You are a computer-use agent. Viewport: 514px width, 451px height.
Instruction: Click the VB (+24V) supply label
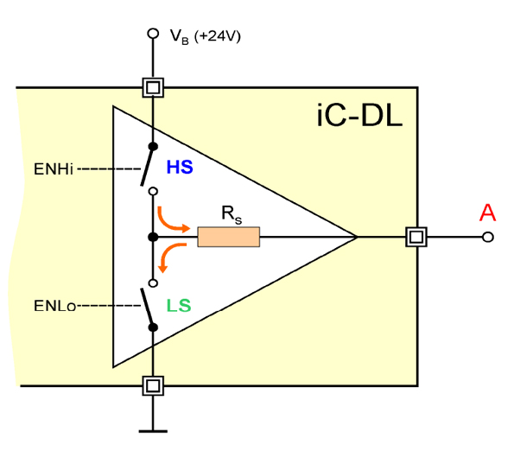click(206, 36)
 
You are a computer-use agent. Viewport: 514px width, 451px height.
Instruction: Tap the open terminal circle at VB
click(153, 34)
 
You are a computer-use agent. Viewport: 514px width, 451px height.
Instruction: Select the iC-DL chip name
click(359, 116)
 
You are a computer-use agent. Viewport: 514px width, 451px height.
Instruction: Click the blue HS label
click(180, 167)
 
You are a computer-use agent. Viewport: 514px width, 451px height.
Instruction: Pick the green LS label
click(179, 306)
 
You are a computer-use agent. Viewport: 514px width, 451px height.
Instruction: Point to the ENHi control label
click(54, 169)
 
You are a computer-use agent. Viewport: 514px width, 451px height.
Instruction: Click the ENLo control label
click(55, 306)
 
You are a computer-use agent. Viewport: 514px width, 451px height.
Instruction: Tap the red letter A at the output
click(487, 213)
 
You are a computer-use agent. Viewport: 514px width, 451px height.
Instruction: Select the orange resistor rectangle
click(228, 237)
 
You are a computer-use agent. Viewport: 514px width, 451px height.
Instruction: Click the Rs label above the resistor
click(232, 215)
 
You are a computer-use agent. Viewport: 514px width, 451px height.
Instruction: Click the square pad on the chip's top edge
click(153, 87)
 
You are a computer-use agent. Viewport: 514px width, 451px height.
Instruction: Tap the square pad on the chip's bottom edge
click(153, 386)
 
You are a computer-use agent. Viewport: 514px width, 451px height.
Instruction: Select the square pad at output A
click(416, 237)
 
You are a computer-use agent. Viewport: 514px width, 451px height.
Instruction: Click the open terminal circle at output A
click(488, 237)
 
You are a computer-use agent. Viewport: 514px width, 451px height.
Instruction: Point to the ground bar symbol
click(153, 431)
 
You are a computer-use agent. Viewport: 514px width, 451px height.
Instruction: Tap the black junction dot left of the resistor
click(153, 237)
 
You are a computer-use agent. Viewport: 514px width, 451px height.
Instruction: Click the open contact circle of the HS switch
click(153, 191)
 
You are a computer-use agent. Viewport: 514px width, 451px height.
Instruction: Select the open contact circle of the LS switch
click(153, 283)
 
